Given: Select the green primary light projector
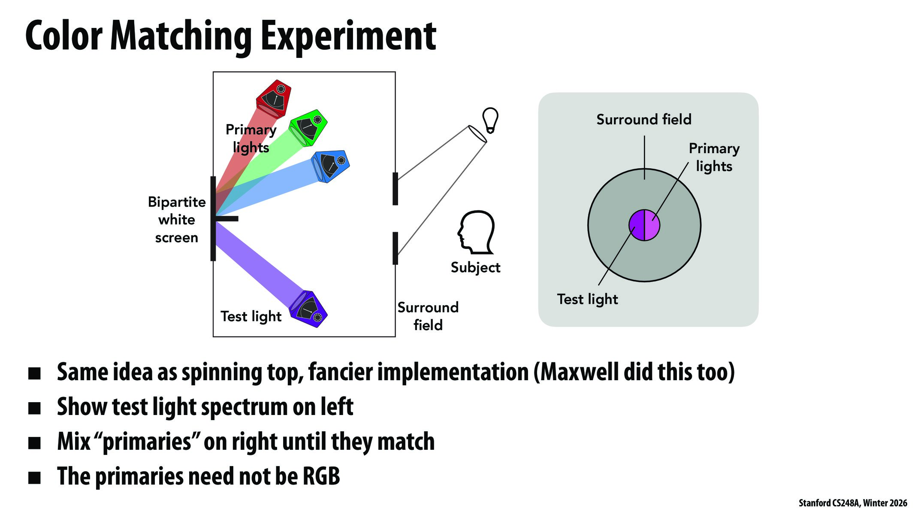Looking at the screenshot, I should [x=309, y=127].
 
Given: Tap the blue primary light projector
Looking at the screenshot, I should [x=331, y=166].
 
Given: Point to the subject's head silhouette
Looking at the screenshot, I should [x=476, y=232].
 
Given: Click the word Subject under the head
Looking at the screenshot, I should [x=475, y=267].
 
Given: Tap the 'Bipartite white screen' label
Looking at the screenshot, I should [x=177, y=220].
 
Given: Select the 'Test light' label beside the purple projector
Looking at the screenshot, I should [x=251, y=316].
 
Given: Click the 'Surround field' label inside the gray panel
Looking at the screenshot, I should [x=644, y=119].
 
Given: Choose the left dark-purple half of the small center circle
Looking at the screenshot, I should [x=637, y=225].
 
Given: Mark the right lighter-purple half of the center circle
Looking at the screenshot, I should [x=652, y=225].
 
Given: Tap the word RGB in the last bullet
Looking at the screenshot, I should [x=321, y=476].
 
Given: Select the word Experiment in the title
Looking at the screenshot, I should [x=348, y=36].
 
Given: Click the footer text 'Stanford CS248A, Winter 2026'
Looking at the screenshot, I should [x=853, y=503].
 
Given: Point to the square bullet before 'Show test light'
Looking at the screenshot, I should [x=34, y=408].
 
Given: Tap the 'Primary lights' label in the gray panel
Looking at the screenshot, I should [x=714, y=157].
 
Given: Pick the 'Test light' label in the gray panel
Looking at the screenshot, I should [x=587, y=299].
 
